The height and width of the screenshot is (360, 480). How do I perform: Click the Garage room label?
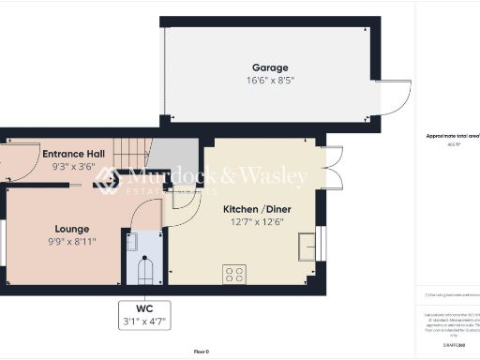coord(269,67)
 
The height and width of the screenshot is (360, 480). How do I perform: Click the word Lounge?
coord(72,229)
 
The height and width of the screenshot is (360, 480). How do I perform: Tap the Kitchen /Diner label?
coord(253,209)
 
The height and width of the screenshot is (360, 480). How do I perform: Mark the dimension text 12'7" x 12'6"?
coord(253,222)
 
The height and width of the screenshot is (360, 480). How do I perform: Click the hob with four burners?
coord(234,274)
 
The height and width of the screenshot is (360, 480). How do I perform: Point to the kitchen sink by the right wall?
coord(307,247)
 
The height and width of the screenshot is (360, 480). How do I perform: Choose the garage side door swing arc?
coord(398,97)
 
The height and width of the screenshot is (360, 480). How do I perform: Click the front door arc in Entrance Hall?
coord(11,159)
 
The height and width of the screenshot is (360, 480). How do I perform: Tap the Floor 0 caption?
coord(201,351)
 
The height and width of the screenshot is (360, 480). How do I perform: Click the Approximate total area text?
coord(452,136)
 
